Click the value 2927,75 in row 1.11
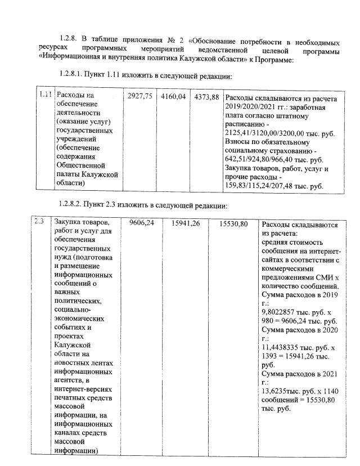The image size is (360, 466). click(x=141, y=97)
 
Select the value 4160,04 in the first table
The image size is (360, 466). click(x=173, y=97)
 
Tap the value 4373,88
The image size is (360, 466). click(x=206, y=97)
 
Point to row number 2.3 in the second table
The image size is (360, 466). click(x=39, y=221)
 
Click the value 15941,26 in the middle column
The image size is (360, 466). click(x=184, y=223)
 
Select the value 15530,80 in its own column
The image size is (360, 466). click(x=233, y=223)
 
